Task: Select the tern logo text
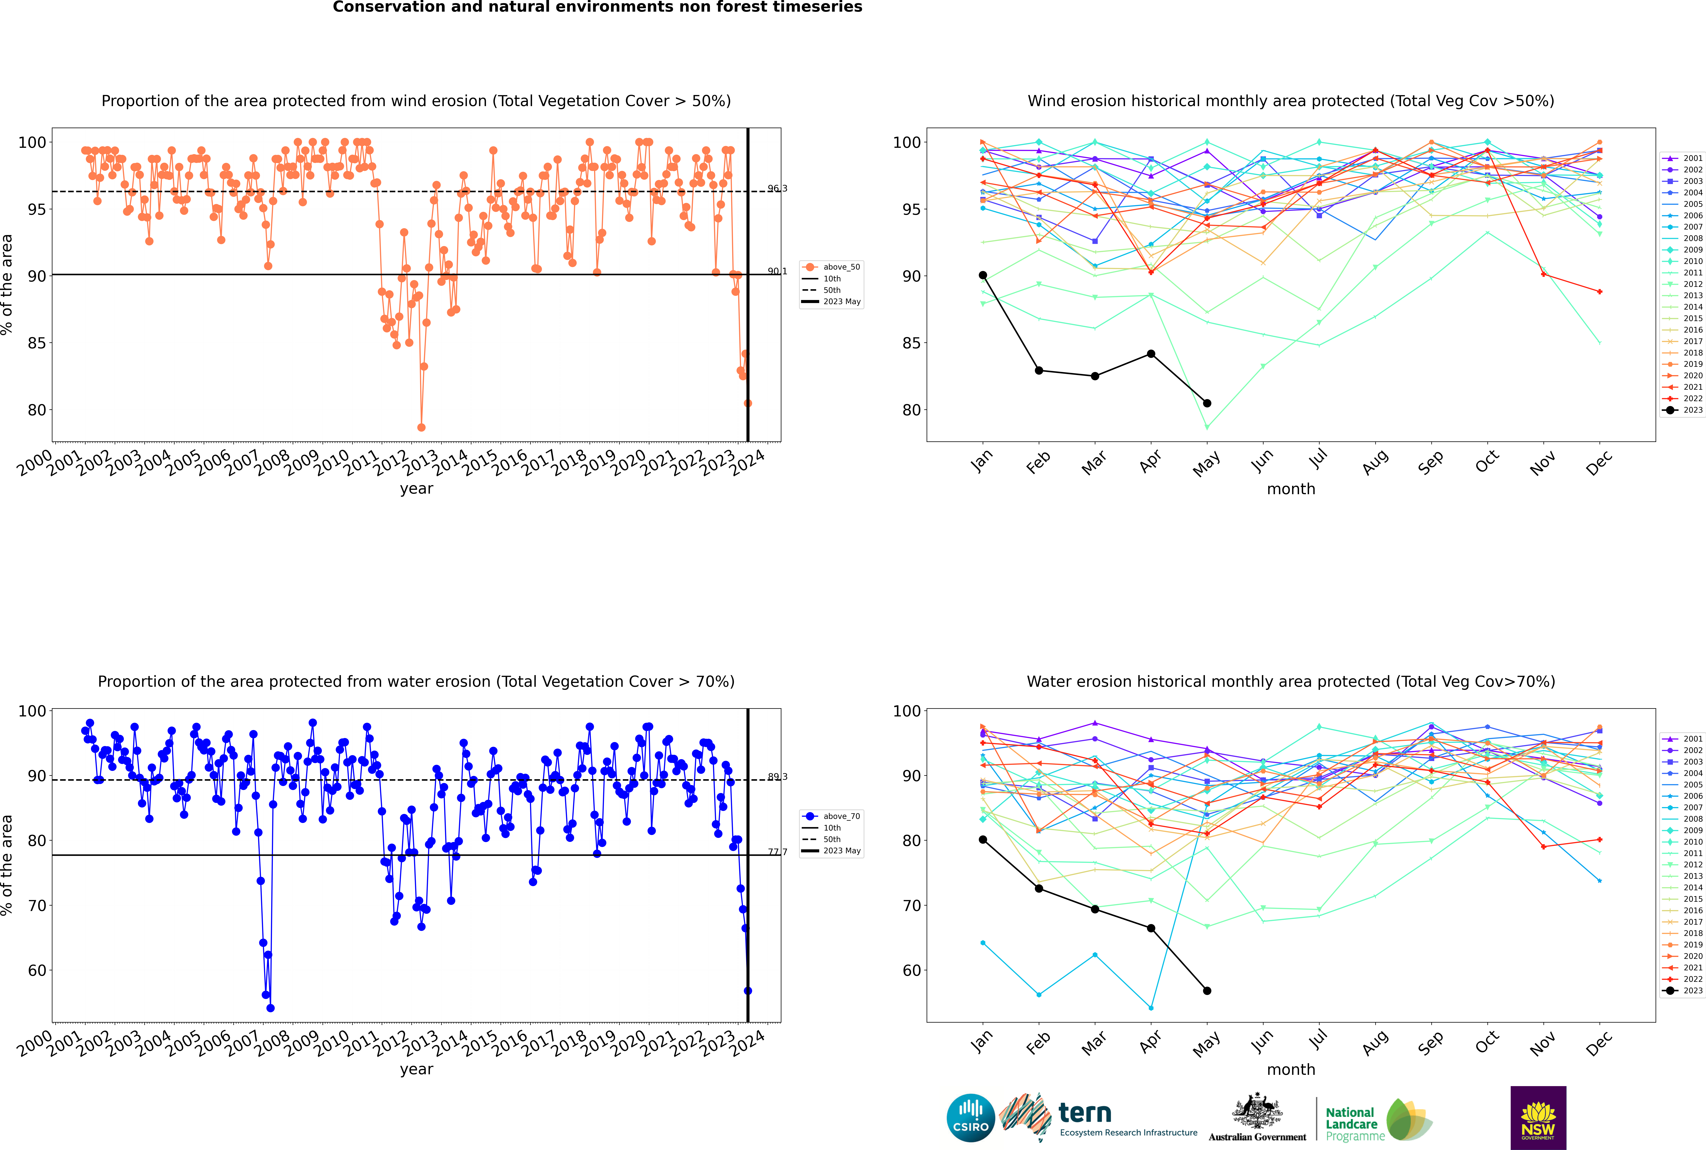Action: click(x=1085, y=1113)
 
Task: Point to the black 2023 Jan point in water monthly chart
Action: click(x=983, y=840)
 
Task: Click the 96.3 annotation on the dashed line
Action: click(x=777, y=189)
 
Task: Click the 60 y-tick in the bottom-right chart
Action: click(x=912, y=970)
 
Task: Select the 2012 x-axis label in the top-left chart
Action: click(x=390, y=464)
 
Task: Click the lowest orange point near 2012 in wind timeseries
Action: click(x=421, y=428)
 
